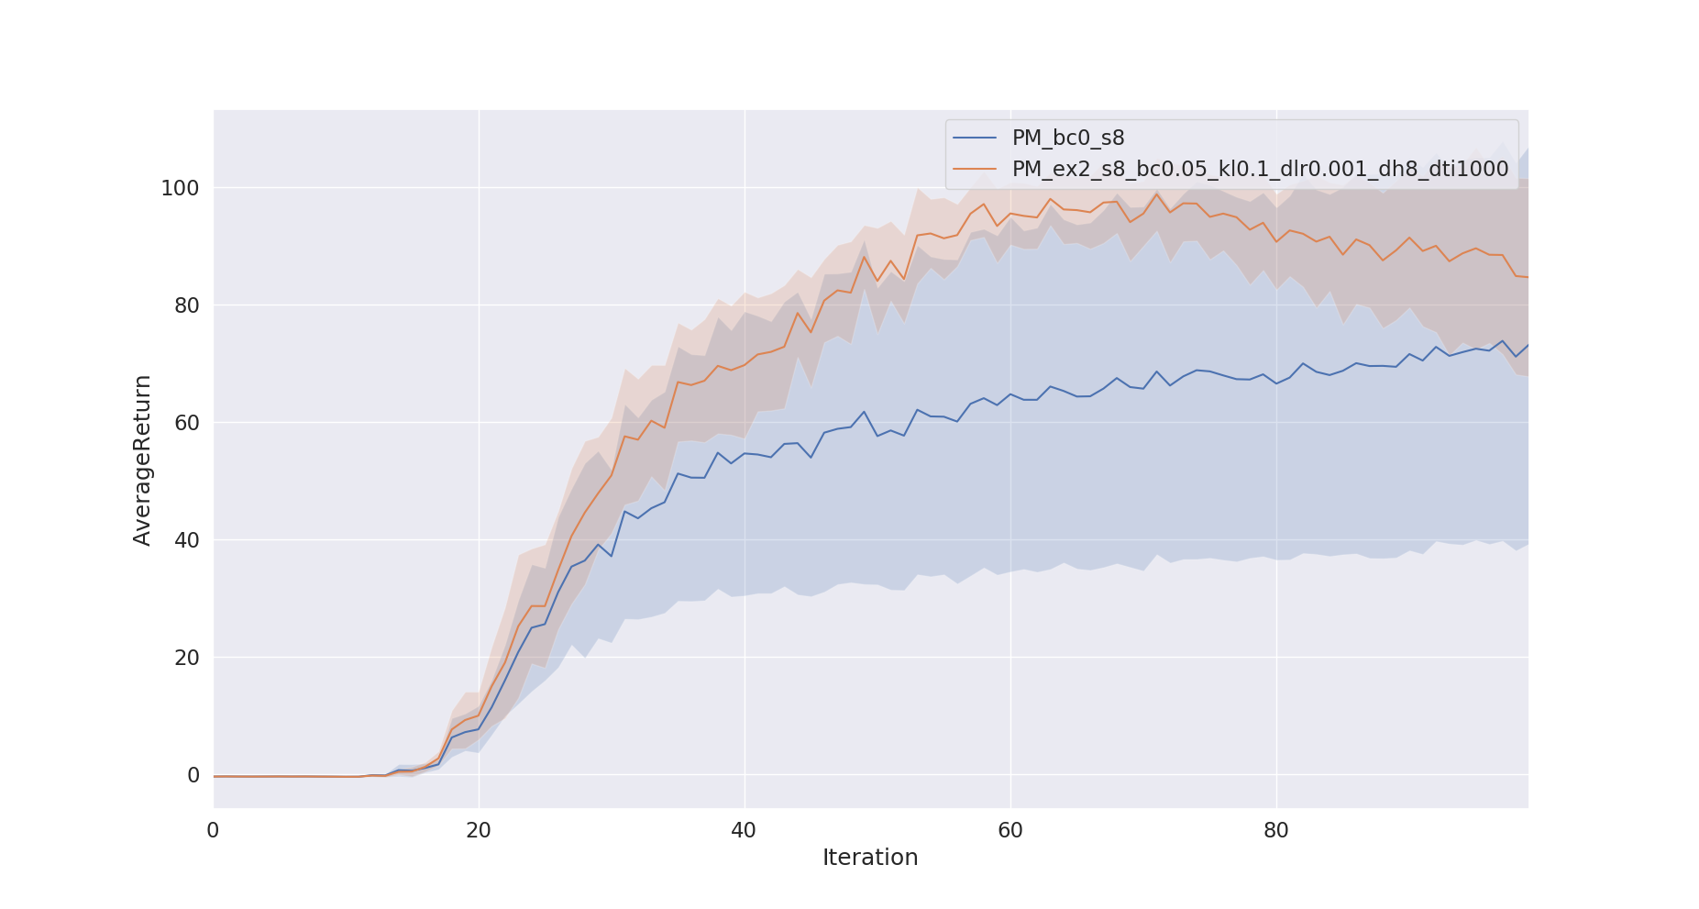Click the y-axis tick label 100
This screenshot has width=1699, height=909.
(180, 188)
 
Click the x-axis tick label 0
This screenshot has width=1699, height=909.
(213, 831)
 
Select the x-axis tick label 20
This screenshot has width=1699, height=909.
(479, 831)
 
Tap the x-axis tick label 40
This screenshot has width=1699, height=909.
(744, 831)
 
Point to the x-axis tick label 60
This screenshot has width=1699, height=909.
(1009, 831)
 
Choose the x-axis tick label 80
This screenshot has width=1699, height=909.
(1275, 831)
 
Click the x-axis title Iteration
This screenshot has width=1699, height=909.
(869, 858)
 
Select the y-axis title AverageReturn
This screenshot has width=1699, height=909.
(142, 460)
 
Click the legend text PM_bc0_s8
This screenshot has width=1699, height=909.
(1067, 139)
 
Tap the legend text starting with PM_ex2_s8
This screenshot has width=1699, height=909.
(1260, 169)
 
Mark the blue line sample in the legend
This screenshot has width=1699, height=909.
(975, 139)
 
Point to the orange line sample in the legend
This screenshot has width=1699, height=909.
(975, 169)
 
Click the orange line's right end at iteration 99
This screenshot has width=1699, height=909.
(1528, 277)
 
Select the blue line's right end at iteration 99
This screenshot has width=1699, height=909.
(1528, 345)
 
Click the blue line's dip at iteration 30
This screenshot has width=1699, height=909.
(612, 556)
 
